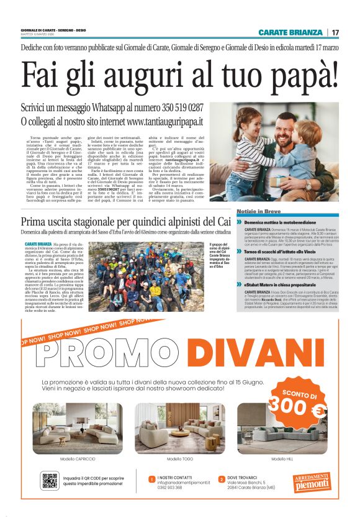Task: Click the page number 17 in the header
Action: (x=335, y=32)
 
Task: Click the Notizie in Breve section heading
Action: (x=259, y=212)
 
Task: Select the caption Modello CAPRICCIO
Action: (x=78, y=459)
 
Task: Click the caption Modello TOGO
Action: (x=179, y=459)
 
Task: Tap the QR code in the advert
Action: (x=50, y=480)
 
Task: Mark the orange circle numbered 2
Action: (x=222, y=479)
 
